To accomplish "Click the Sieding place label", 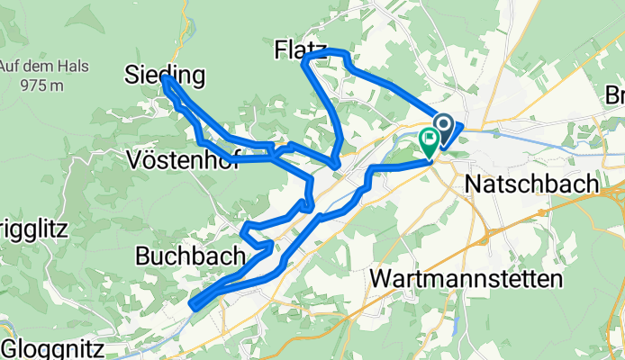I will point(165,76).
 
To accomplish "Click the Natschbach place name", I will point(531,184).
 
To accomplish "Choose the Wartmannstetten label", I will point(466,279).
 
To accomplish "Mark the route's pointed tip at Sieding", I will point(166,79).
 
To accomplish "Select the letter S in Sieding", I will point(132,76).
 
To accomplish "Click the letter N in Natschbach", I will point(474,184).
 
